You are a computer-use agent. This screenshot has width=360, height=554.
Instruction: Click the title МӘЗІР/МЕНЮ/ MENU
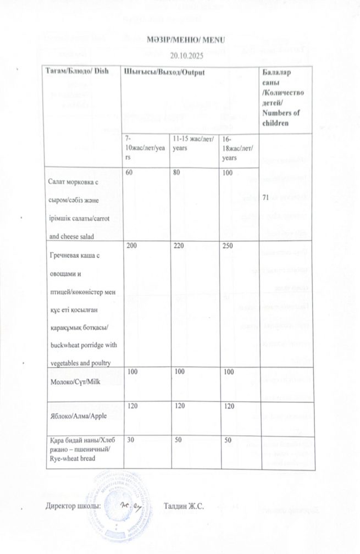pos(179,40)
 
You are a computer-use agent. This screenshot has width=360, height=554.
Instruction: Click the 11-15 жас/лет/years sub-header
pos(190,145)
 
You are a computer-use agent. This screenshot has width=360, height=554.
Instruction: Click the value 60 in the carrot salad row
pos(130,173)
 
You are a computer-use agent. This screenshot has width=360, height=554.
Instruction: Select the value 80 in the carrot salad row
pos(176,173)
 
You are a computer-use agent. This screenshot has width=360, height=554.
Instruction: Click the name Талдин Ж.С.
pos(184,506)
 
